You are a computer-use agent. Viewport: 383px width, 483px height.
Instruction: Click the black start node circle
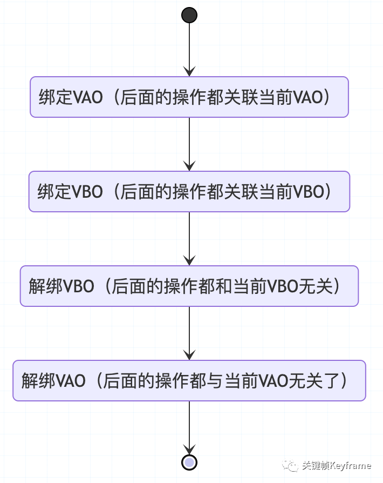(x=189, y=15)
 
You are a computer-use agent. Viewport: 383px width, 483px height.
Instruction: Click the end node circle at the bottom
(x=189, y=462)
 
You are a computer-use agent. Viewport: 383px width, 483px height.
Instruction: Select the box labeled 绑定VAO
(x=189, y=97)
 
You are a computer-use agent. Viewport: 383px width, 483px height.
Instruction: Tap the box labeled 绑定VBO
(x=189, y=191)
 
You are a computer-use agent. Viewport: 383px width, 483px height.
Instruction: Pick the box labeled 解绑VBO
(x=189, y=286)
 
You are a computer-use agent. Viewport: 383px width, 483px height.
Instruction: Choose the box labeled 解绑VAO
(x=189, y=380)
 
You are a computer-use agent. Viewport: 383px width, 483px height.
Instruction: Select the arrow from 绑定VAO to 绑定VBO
(x=189, y=144)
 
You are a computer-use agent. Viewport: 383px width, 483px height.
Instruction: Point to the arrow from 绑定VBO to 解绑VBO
(x=189, y=238)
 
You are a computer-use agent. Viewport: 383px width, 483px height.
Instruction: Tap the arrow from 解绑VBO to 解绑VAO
(x=189, y=333)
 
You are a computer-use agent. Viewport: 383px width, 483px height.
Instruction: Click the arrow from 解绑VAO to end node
(x=189, y=427)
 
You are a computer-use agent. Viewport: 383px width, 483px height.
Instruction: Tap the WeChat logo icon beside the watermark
(x=291, y=465)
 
